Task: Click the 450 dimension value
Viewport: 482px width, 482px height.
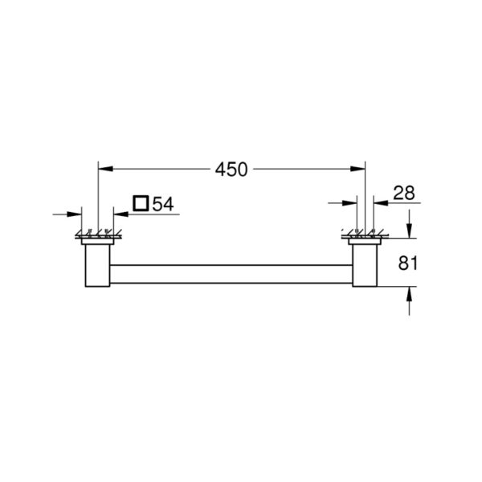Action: click(x=231, y=170)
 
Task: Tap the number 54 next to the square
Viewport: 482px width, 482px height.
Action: click(x=163, y=204)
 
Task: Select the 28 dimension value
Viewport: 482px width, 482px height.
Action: click(x=404, y=193)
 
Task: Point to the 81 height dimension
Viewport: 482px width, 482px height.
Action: click(x=407, y=263)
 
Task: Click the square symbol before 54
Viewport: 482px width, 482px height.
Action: click(x=141, y=203)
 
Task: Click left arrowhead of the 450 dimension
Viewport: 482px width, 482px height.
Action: click(x=105, y=169)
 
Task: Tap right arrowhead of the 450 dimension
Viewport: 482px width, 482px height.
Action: click(x=357, y=169)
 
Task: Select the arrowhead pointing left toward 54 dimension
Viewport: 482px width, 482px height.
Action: click(x=121, y=214)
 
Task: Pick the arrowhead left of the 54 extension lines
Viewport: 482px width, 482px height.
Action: click(x=74, y=214)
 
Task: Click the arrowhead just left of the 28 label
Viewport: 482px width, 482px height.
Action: click(x=381, y=203)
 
